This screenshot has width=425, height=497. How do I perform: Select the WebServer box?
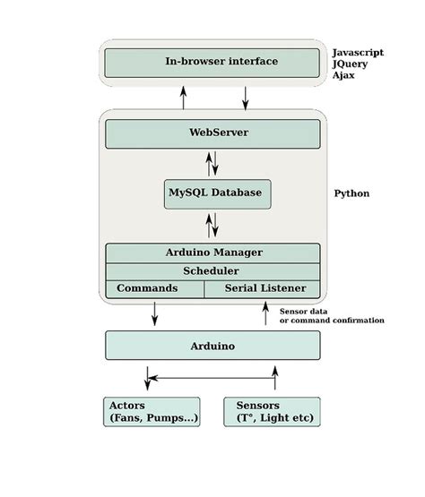[x=212, y=133]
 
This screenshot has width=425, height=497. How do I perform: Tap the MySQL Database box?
[x=217, y=193]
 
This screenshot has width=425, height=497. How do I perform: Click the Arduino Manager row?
[x=212, y=253]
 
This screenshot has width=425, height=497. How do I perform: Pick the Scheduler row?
[x=212, y=270]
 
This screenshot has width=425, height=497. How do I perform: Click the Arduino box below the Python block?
[x=212, y=345]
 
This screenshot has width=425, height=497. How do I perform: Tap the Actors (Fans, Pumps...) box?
[x=152, y=411]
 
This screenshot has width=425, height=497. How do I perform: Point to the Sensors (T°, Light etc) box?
[x=272, y=411]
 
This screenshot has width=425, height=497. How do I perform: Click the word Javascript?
[x=358, y=53]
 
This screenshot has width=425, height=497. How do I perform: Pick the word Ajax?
[x=344, y=78]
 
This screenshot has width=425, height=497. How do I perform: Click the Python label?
[x=351, y=193]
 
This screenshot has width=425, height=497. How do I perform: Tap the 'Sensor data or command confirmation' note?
[x=332, y=315]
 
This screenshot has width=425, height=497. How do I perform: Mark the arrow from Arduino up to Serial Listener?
[x=265, y=313]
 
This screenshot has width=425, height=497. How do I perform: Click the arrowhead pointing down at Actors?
[x=149, y=383]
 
